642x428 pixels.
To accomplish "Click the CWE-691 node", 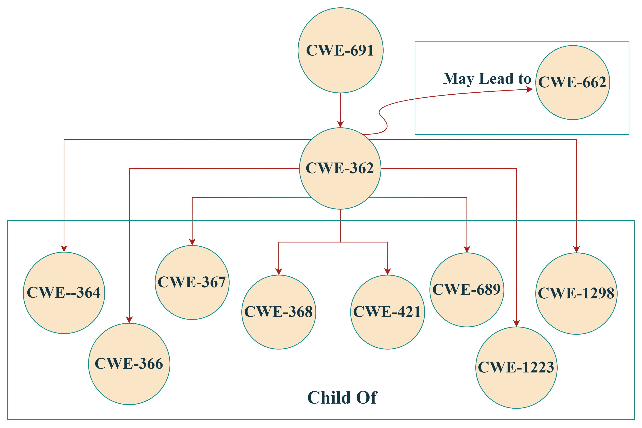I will [340, 51].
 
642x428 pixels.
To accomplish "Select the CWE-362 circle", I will [340, 168].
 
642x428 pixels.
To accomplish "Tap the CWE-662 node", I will [572, 82].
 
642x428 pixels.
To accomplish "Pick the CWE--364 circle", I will [64, 293].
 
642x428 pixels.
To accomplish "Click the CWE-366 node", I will [129, 364].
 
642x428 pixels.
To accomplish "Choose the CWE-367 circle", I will [192, 282].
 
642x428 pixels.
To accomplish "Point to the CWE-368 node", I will [278, 312].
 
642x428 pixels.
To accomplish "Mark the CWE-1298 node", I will [576, 293].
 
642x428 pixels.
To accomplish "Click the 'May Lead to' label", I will [487, 79].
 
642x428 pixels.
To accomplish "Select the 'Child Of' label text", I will [342, 397].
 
